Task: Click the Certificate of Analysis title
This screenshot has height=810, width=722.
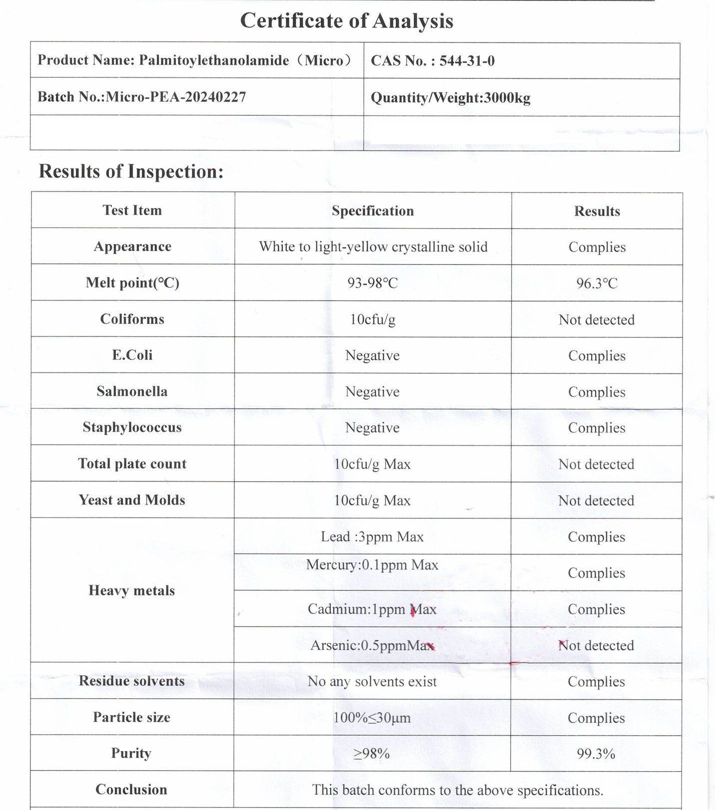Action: click(346, 21)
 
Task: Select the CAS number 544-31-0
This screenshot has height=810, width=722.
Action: click(467, 61)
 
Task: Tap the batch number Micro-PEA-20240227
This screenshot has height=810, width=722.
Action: click(176, 97)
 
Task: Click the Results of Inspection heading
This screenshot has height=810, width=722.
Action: click(131, 172)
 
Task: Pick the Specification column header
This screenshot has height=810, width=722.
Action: click(373, 211)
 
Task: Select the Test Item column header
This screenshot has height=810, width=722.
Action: click(132, 211)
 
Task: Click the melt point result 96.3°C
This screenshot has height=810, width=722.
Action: click(597, 283)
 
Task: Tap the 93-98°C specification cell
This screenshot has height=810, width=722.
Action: click(373, 283)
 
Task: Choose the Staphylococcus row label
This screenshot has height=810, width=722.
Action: click(132, 428)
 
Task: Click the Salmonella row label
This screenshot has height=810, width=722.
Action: click(132, 391)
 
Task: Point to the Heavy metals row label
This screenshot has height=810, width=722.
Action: click(132, 591)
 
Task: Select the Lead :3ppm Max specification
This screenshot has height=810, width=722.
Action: click(372, 537)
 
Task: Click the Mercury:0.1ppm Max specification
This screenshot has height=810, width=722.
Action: click(372, 565)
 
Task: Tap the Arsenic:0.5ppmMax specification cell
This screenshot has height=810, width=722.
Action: click(372, 646)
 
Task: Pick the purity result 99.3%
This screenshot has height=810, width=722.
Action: click(596, 754)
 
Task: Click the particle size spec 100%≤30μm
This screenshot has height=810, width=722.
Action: click(372, 718)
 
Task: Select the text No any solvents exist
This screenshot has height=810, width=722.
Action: click(372, 682)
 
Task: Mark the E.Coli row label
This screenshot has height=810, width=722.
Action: click(132, 355)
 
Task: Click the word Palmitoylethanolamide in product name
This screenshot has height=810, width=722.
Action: click(214, 61)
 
